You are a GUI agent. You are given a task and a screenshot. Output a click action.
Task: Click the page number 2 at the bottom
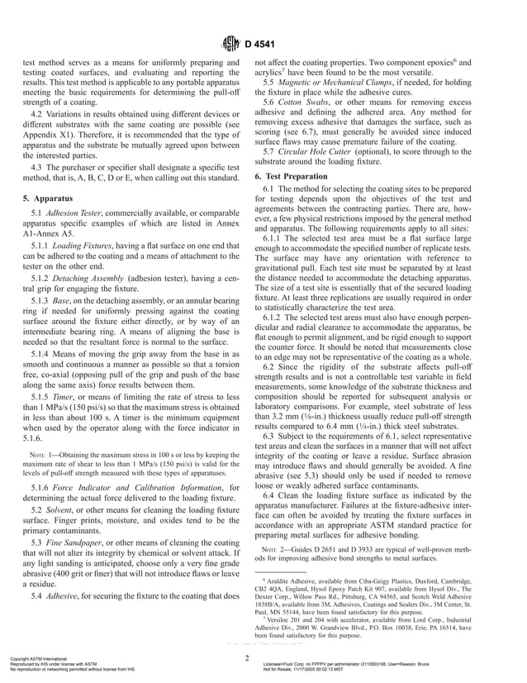(247, 657)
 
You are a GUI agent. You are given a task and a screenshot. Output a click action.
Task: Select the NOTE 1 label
(40, 455)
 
